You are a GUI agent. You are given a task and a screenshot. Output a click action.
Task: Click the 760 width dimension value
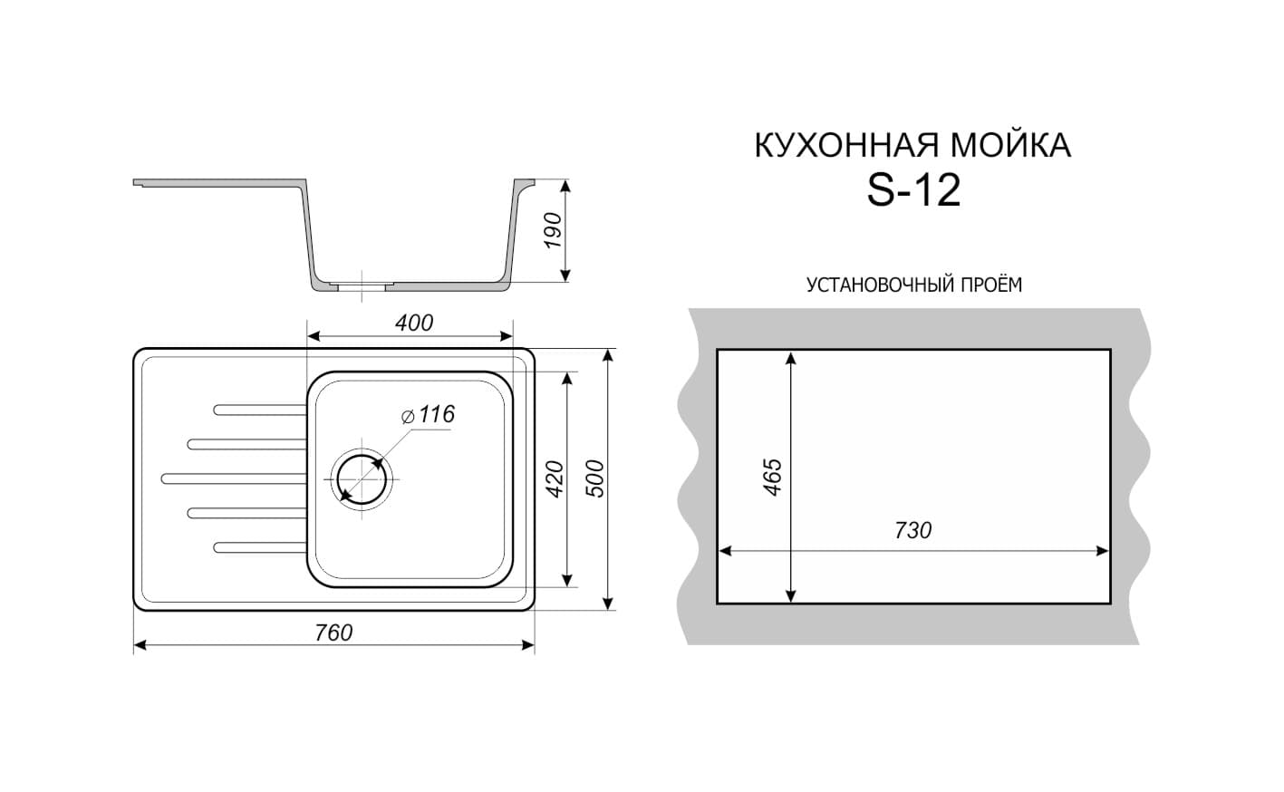pos(333,633)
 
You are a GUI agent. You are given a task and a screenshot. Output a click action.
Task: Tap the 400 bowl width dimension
pos(414,324)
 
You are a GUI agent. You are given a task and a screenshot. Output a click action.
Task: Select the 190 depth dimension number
pos(553,230)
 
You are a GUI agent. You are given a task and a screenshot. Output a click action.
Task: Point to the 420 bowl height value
pos(555,479)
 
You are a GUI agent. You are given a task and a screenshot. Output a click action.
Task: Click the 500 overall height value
pos(595,478)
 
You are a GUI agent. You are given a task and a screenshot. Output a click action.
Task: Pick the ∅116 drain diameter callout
pos(429,414)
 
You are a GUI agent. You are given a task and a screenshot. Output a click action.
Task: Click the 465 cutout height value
pos(773,477)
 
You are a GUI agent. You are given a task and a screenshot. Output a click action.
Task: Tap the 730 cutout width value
pos(913,531)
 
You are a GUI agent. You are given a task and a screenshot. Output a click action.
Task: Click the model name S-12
pos(913,191)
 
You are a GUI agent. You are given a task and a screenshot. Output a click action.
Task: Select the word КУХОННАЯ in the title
pos(848,146)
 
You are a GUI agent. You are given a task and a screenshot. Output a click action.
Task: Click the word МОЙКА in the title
pos(1012,146)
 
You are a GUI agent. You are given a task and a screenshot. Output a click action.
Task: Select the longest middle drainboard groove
pos(234,478)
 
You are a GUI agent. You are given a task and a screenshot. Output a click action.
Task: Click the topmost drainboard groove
pos(260,410)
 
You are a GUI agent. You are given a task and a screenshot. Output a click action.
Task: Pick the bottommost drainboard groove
pos(260,547)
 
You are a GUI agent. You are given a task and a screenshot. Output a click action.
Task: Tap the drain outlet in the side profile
pos(362,285)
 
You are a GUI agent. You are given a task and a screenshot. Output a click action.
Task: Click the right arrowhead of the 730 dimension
pos(1102,551)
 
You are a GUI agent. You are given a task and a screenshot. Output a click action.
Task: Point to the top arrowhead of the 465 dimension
pos(790,360)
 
